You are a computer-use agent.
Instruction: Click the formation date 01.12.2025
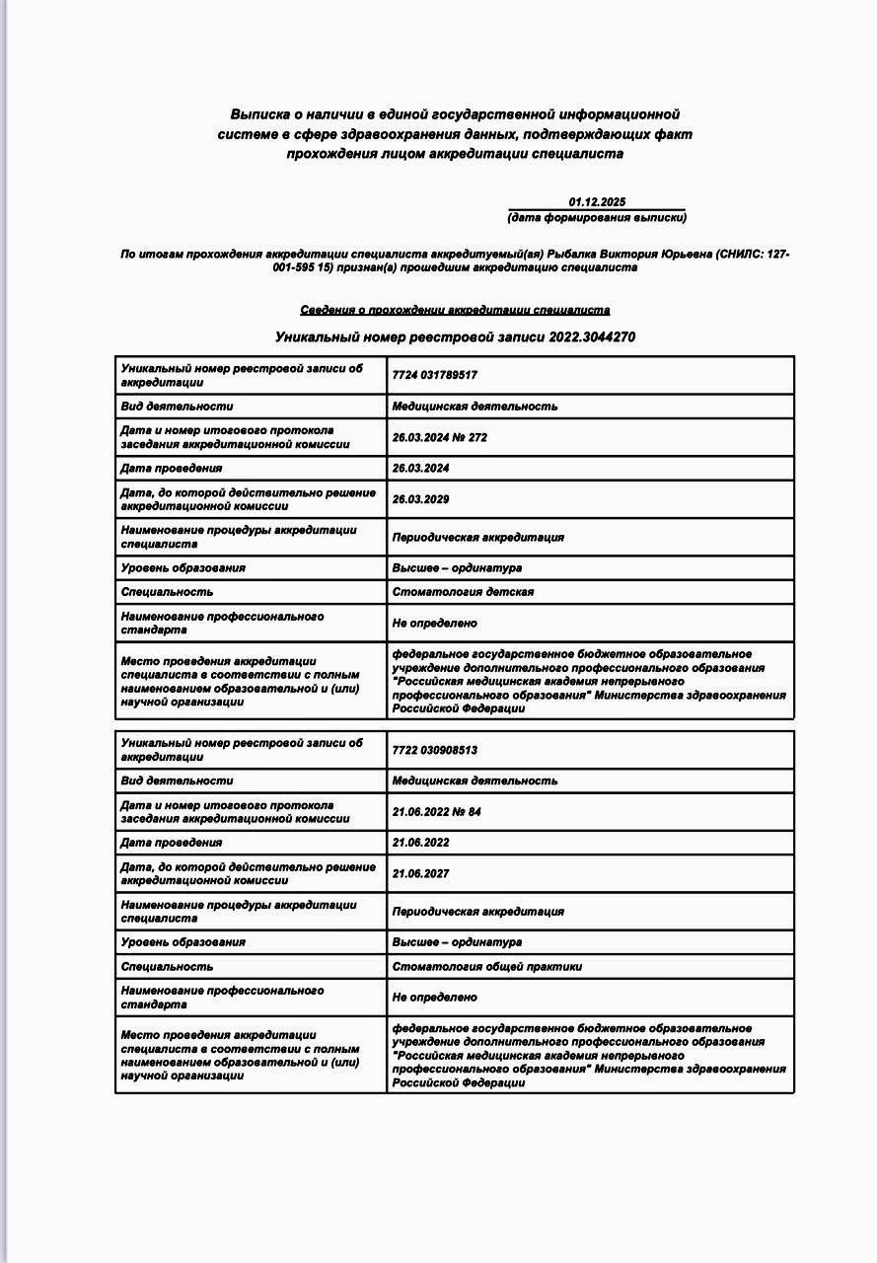[x=597, y=202]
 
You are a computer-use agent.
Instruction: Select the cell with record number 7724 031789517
[x=435, y=376]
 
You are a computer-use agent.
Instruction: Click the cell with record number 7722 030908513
[x=435, y=750]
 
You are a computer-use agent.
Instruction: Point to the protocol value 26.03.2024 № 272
[x=440, y=437]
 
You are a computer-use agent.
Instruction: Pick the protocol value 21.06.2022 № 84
[x=437, y=811]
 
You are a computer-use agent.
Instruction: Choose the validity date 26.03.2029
[x=420, y=499]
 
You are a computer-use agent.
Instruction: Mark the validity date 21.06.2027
[x=420, y=873]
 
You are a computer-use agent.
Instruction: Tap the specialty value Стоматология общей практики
[x=487, y=967]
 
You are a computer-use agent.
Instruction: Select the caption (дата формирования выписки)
[x=597, y=217]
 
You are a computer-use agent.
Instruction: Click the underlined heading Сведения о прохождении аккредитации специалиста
[x=455, y=310]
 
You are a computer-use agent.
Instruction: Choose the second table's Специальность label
[x=167, y=967]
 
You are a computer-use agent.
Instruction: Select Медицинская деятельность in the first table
[x=475, y=407]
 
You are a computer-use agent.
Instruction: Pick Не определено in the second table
[x=435, y=998]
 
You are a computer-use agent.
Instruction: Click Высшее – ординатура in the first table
[x=457, y=568]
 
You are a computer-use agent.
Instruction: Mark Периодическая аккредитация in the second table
[x=478, y=912]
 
